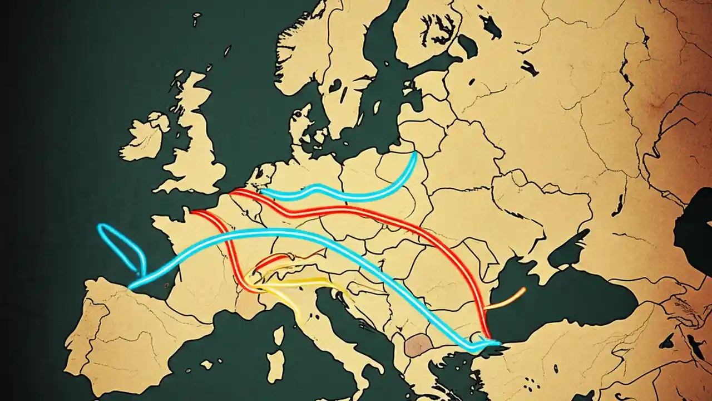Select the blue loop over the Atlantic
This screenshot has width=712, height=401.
coord(120,245)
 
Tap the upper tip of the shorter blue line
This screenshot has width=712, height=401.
coord(414,153)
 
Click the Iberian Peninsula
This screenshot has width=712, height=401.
coord(128,334)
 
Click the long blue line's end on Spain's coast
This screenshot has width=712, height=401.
coord(130,287)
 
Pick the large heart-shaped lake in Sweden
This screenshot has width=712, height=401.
coord(335,86)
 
